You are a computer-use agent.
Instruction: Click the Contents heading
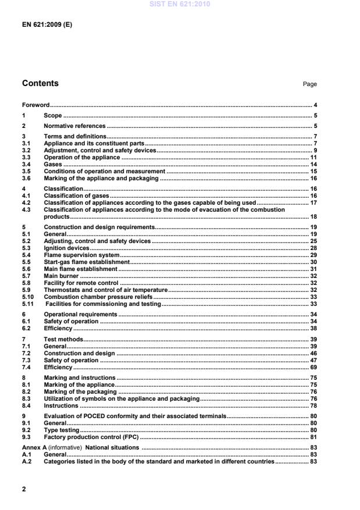click(40, 83)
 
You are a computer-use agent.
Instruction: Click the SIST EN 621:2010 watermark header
click(180, 4)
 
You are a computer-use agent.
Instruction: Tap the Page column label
click(309, 84)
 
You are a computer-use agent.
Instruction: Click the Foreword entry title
click(35, 105)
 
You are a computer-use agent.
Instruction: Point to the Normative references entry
click(74, 126)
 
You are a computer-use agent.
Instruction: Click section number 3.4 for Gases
click(26, 165)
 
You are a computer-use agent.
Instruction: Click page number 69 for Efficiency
click(313, 367)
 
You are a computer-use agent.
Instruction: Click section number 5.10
click(27, 297)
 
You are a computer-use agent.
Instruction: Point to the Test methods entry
click(63, 338)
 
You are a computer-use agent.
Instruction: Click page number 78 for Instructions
click(313, 405)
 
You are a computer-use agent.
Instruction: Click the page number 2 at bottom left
click(24, 489)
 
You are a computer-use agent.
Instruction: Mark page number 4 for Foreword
click(315, 105)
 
